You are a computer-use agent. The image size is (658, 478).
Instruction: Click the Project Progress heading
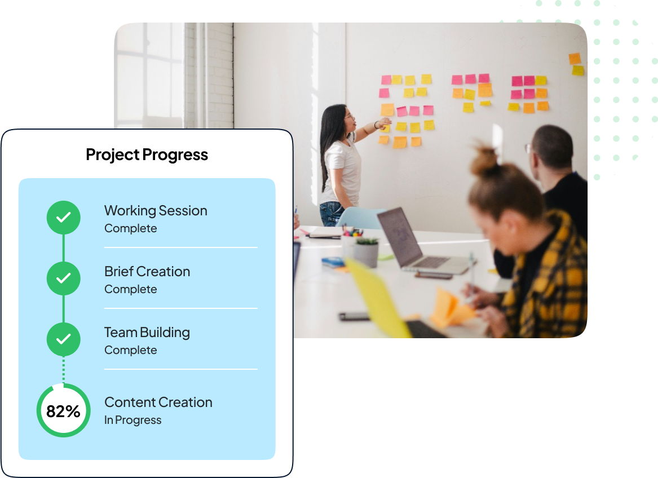click(x=147, y=155)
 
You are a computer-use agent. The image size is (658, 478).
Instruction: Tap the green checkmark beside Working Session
click(x=63, y=218)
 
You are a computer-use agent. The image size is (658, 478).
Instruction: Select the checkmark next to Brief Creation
click(x=63, y=278)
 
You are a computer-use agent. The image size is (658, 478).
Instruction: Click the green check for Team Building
click(x=63, y=339)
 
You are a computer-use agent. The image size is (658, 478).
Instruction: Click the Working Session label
click(x=156, y=211)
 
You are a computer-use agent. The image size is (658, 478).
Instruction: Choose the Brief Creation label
click(x=147, y=272)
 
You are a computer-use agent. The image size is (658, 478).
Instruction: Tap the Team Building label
click(x=147, y=333)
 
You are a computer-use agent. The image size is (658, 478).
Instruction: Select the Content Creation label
click(x=158, y=402)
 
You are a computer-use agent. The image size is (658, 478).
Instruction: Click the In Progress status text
click(x=133, y=420)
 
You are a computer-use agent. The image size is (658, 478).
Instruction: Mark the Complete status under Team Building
click(x=130, y=350)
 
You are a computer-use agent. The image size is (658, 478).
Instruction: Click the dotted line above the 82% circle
click(x=63, y=370)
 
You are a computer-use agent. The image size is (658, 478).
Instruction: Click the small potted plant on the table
click(x=365, y=252)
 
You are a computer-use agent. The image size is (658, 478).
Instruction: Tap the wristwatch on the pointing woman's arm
click(x=377, y=125)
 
